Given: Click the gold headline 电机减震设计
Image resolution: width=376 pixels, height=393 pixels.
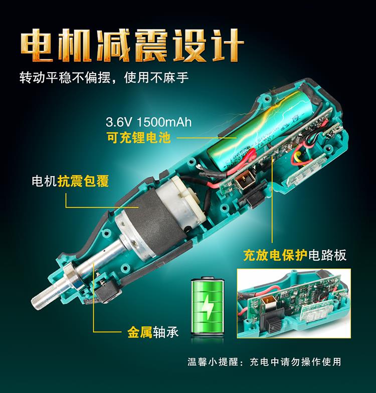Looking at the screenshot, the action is (x=132, y=45).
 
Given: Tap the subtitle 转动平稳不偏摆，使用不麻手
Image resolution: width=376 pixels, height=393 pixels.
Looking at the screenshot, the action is (x=104, y=77).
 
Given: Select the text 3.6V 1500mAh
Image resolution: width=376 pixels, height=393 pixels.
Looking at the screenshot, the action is (x=148, y=122).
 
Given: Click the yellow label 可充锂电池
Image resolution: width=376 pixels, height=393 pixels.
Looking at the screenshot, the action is (x=138, y=137).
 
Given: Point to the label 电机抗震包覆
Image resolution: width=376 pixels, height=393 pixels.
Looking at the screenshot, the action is (x=70, y=180).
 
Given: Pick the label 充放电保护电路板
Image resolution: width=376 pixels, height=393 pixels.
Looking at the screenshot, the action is (x=295, y=255).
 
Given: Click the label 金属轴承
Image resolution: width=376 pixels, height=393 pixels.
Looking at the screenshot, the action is (x=153, y=332).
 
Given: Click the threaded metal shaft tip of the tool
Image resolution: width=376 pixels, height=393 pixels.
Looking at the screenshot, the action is (x=47, y=296).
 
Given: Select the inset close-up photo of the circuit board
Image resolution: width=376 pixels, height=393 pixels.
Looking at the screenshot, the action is (x=294, y=303).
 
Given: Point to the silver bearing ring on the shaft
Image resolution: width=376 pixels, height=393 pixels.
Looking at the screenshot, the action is (x=72, y=276).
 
